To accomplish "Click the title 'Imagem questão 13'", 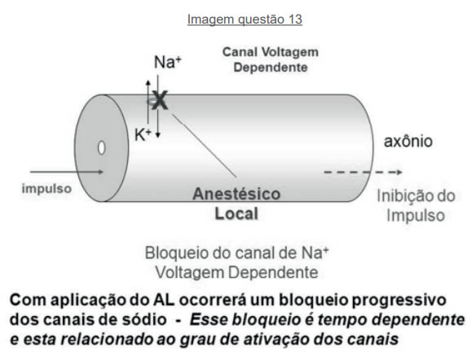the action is [x=245, y=20].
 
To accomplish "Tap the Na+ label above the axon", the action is [x=168, y=62].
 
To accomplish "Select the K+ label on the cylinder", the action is [x=143, y=134].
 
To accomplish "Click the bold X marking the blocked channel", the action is [x=160, y=100].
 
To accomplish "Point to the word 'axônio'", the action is [x=408, y=142].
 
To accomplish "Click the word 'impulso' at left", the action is [x=46, y=189].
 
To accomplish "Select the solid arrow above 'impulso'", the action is [x=67, y=172].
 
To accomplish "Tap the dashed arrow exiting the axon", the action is [x=363, y=173].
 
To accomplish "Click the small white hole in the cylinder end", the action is [x=101, y=148].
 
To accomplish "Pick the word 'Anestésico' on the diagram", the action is [x=236, y=194].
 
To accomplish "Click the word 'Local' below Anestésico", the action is [x=236, y=214].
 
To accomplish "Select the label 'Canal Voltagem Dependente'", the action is [x=271, y=59].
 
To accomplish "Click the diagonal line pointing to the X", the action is [x=205, y=145].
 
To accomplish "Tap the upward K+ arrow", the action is [x=148, y=102].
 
